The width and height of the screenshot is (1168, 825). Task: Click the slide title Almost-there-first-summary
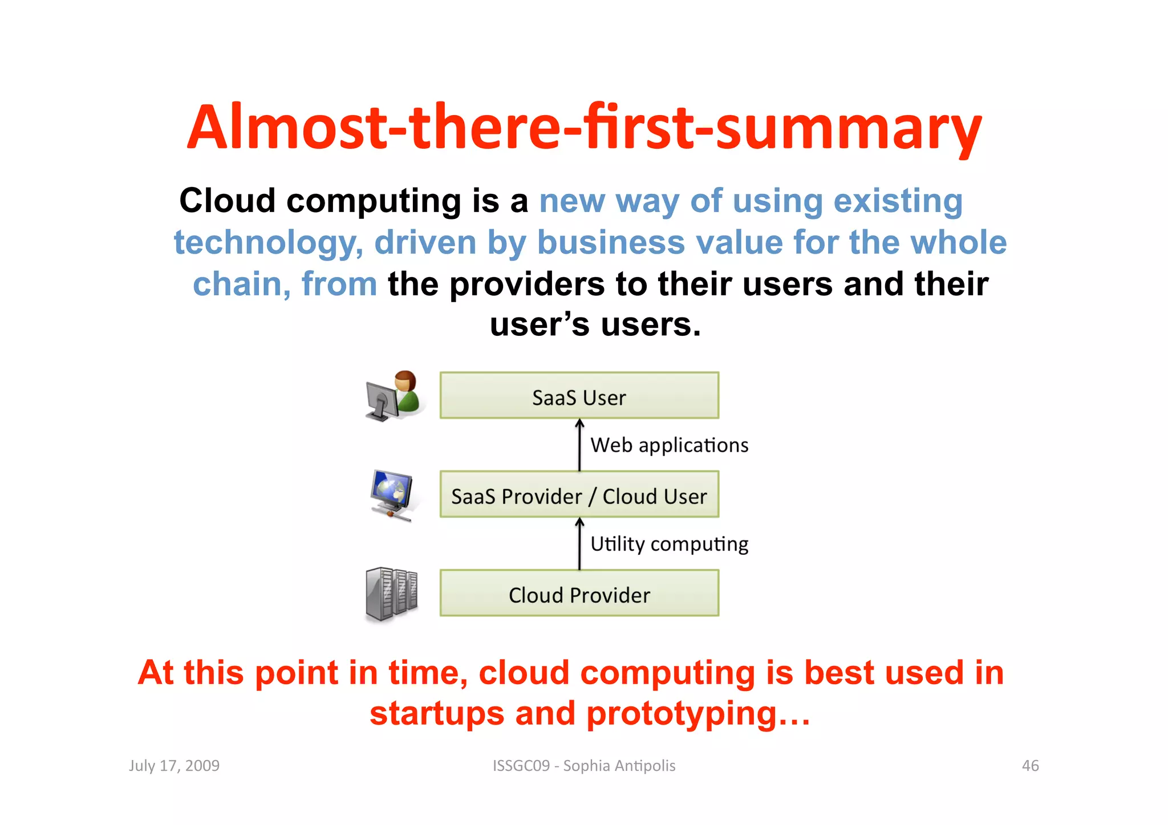584,128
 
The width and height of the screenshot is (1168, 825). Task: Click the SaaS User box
579,396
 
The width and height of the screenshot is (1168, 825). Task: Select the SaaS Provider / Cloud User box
579,495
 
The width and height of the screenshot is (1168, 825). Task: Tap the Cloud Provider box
579,594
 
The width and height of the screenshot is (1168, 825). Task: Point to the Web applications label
669,445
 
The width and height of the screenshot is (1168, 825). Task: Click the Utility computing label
669,544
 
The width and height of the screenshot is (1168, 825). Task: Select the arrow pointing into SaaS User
579,445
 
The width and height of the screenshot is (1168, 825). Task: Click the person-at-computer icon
394,396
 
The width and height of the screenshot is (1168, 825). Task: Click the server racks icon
391,594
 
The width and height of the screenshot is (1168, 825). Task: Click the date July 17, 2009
174,766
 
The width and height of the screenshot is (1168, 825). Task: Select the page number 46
1030,766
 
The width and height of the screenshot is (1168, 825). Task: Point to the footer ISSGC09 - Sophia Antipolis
584,766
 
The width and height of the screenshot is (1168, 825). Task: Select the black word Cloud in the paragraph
227,201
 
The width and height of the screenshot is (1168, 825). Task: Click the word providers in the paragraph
527,284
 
